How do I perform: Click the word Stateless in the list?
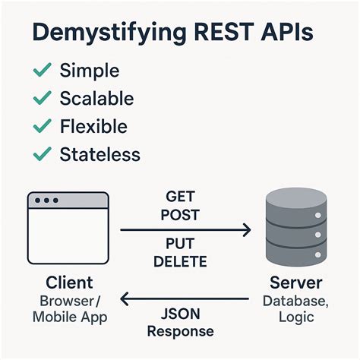point(99,154)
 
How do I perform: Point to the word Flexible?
point(93,126)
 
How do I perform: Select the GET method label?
point(180,196)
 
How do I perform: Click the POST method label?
point(180,214)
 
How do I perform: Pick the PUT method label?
point(180,244)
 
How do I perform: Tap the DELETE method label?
point(180,262)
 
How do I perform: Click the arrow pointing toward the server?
point(186,229)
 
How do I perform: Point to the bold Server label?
point(296,283)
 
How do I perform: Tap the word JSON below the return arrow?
point(180,313)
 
